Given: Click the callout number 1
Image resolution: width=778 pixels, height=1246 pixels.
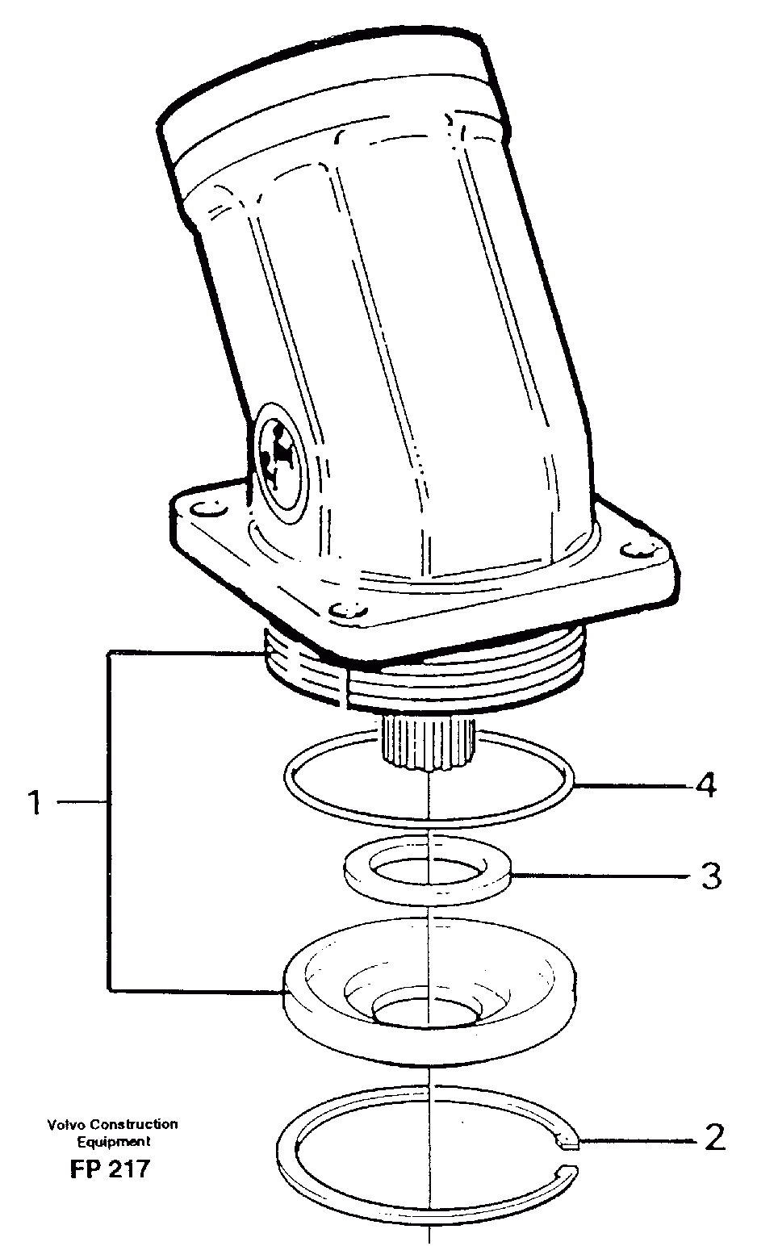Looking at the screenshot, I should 34,803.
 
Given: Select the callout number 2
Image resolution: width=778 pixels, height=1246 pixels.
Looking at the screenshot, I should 714,1138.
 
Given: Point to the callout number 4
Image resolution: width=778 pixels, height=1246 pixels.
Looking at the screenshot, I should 705,784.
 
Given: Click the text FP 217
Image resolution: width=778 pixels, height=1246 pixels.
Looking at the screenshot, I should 110,1169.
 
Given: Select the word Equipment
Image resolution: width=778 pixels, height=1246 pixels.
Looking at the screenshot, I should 113,1142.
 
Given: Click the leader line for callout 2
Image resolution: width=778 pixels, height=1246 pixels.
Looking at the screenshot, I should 638,1140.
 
